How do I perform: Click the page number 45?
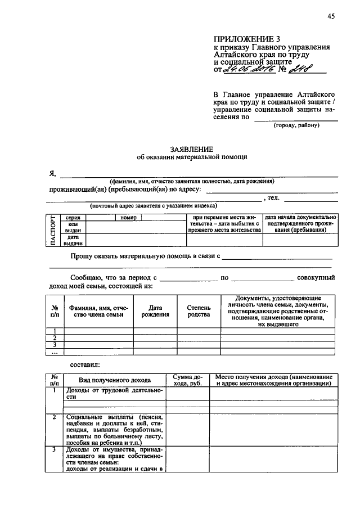click(330, 16)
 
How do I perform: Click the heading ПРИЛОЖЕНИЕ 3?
click(246, 39)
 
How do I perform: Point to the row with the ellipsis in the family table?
click(55, 353)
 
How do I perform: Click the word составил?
click(85, 365)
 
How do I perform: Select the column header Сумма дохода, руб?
click(187, 380)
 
